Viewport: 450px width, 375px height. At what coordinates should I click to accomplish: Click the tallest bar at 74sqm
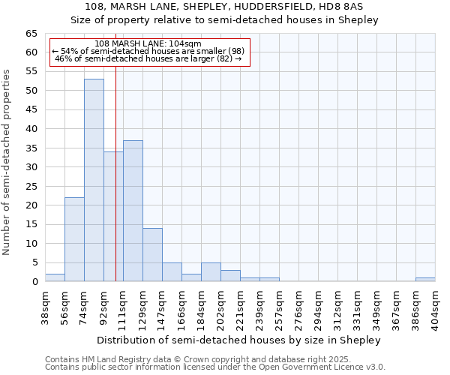click(x=94, y=180)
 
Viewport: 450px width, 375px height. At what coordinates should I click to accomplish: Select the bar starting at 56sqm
click(x=74, y=239)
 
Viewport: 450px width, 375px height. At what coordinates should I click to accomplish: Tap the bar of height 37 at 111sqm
click(x=133, y=211)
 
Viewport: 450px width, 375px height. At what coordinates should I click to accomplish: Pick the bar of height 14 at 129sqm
click(x=152, y=254)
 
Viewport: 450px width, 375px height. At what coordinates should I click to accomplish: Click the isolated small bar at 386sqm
click(x=425, y=280)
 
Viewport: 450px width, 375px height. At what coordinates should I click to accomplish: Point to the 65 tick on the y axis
click(x=31, y=34)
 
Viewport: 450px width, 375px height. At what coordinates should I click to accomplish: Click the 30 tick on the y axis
click(x=31, y=167)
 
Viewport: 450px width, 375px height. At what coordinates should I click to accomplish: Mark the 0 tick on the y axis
click(x=34, y=282)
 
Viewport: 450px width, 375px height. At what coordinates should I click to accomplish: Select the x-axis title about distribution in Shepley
click(x=239, y=340)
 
